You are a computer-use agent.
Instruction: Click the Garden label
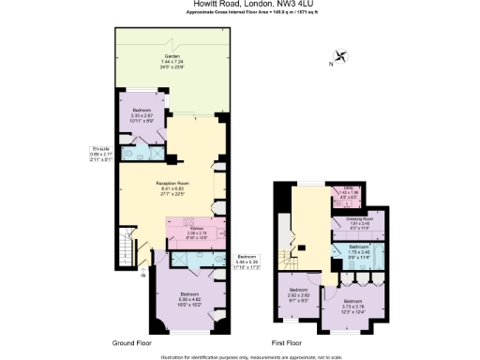click(x=170, y=63)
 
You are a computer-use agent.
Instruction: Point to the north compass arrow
click(x=338, y=56)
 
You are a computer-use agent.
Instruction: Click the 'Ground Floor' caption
click(x=133, y=343)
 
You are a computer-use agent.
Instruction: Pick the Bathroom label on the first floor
click(x=349, y=252)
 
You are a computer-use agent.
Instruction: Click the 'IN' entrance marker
click(x=142, y=275)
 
